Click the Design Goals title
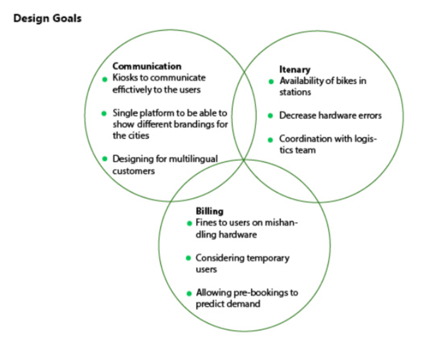pyautogui.click(x=47, y=19)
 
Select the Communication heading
pyautogui.click(x=147, y=67)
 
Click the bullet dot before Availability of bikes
pyautogui.click(x=271, y=81)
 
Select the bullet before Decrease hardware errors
pyautogui.click(x=271, y=116)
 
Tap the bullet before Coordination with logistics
pyautogui.click(x=271, y=139)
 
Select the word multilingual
pyautogui.click(x=194, y=159)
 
